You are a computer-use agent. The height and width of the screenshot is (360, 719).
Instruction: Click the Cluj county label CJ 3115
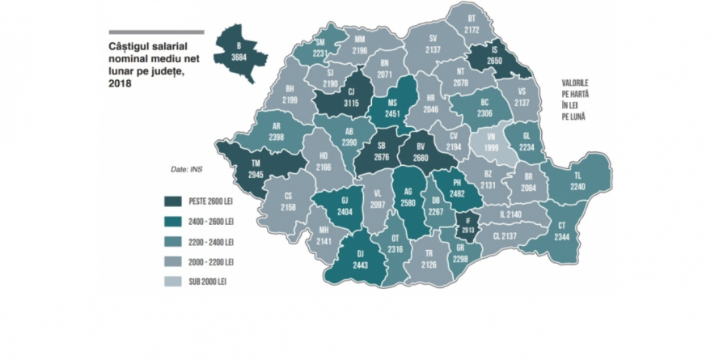[x=351, y=97]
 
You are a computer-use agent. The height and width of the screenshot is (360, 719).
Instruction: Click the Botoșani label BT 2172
[x=473, y=24]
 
